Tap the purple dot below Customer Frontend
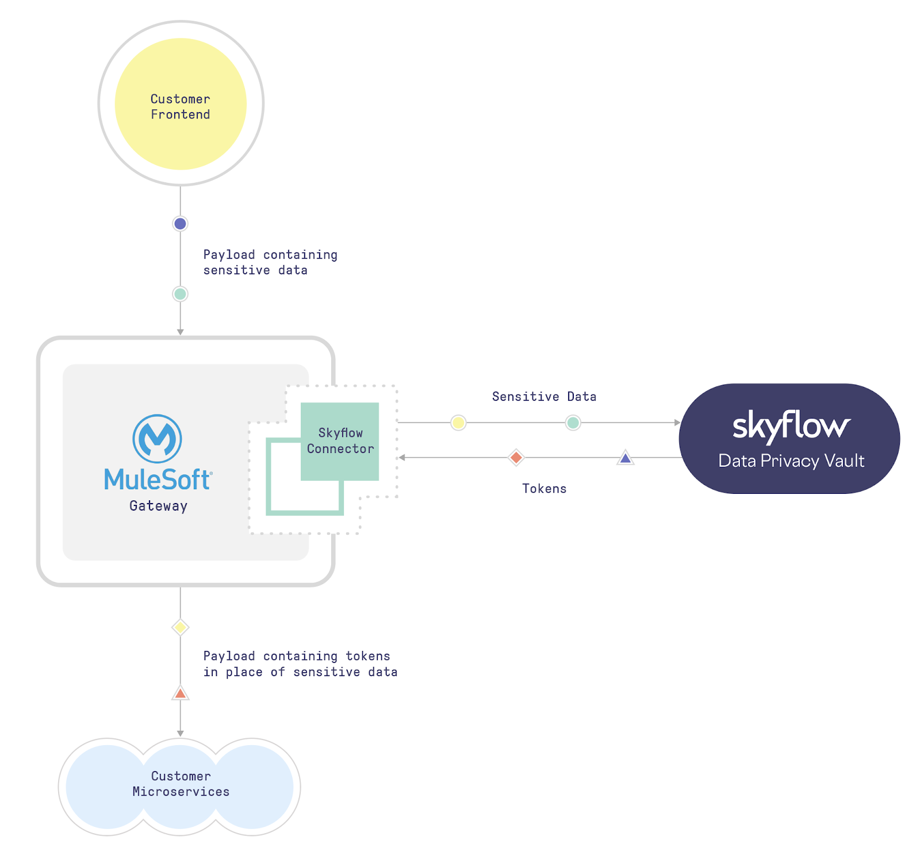pos(180,224)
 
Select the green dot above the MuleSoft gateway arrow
pos(180,294)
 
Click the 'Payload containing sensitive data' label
pos(270,262)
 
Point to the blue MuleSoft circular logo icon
pos(157,439)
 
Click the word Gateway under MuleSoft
pos(158,506)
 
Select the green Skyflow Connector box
pos(339,441)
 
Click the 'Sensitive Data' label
pos(544,397)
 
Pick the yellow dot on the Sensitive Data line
pos(458,423)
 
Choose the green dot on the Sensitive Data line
pos(573,423)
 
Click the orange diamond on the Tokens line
pos(516,458)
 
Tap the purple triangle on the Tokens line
pos(625,458)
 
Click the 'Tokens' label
pos(544,489)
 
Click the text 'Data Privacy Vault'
pos(791,461)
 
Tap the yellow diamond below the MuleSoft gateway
pos(180,627)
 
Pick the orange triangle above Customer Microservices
pos(180,693)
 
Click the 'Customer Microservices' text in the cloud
pos(181,784)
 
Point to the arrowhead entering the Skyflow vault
pos(677,423)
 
